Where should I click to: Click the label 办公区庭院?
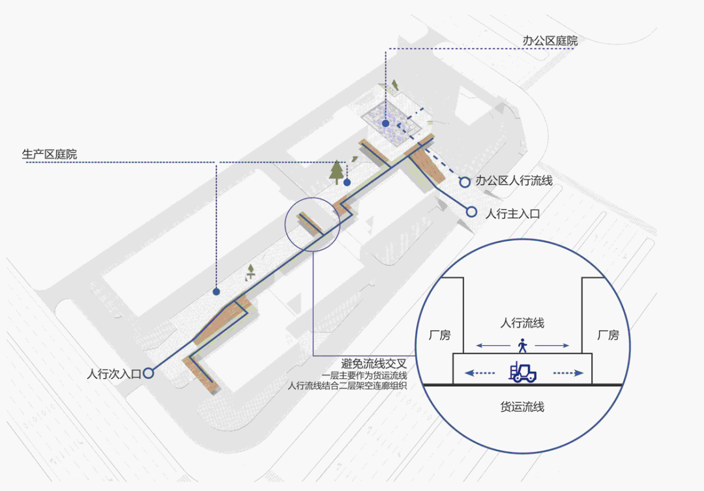(x=550, y=40)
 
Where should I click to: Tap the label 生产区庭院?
(x=50, y=155)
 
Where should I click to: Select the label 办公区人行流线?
(x=514, y=181)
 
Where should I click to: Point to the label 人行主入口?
(x=513, y=213)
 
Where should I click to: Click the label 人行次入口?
(x=113, y=374)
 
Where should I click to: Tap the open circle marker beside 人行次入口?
(x=149, y=373)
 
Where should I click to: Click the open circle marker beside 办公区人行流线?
(x=464, y=182)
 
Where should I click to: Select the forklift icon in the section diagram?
(x=523, y=372)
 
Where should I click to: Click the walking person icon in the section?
(x=522, y=345)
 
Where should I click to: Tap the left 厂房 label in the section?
(x=439, y=335)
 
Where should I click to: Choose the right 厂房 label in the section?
(x=608, y=335)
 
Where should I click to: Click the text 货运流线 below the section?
(x=522, y=407)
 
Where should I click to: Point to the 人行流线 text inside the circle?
(x=522, y=322)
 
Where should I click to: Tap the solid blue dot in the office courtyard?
(x=385, y=123)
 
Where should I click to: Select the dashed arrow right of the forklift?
(x=568, y=373)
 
